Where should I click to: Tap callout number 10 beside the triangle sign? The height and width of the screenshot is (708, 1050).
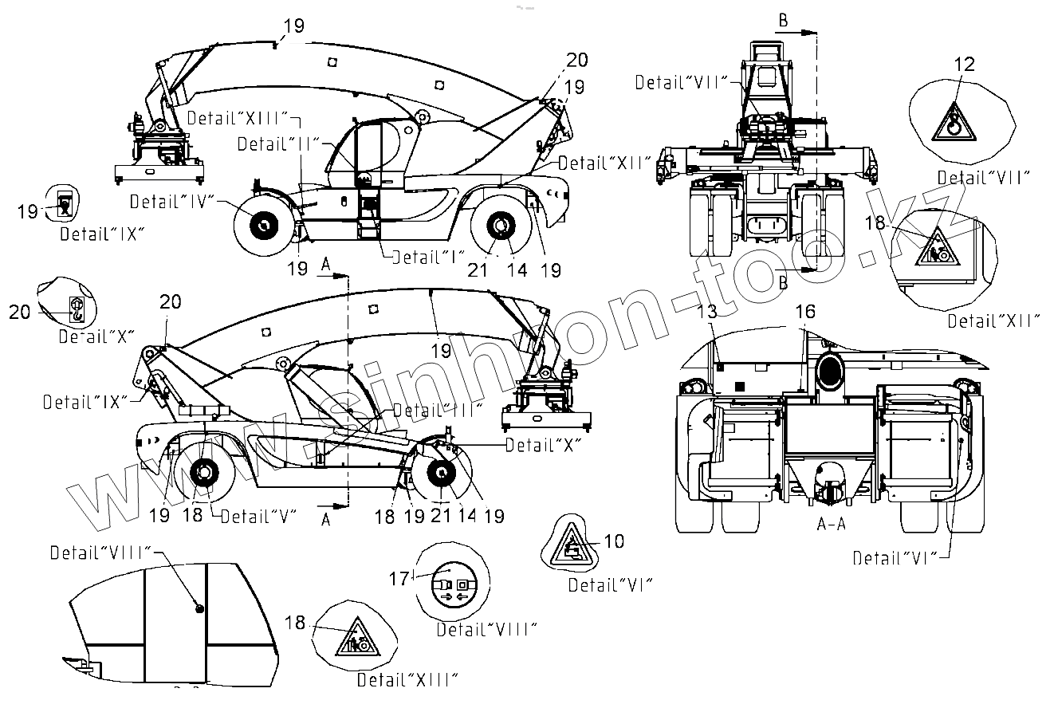614,541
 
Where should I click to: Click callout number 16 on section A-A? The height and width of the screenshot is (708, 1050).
806,312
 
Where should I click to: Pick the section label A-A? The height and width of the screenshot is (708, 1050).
831,525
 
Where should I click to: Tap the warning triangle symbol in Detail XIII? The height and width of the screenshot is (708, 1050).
353,638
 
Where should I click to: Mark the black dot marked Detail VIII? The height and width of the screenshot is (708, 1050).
199,609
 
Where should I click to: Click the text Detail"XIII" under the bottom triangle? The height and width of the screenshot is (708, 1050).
407,680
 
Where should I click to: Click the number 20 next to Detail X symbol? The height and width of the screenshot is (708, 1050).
20,311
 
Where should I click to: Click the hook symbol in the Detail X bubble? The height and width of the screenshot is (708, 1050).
76,309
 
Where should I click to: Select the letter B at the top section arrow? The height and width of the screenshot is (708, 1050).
784,22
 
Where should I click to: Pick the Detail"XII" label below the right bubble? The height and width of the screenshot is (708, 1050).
993,321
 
